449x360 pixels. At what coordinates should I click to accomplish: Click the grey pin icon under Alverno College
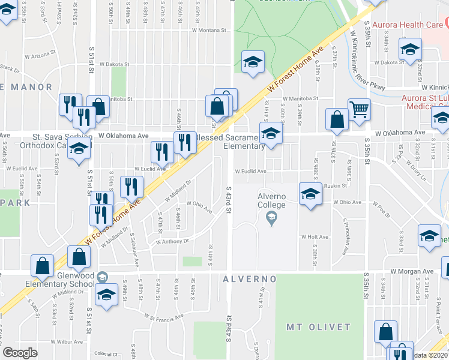pyautogui.click(x=271, y=220)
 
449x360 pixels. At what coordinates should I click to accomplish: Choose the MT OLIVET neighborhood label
pyautogui.click(x=318, y=327)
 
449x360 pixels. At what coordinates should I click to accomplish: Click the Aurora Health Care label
pyautogui.click(x=408, y=25)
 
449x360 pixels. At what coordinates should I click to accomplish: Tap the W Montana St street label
pyautogui.click(x=208, y=29)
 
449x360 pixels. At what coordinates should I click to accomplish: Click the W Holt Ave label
pyautogui.click(x=315, y=236)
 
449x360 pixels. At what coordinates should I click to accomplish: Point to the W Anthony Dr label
pyautogui.click(x=172, y=241)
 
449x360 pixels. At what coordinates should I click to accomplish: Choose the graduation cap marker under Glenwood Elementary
pyautogui.click(x=107, y=294)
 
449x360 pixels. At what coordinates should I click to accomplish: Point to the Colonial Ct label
pyautogui.click(x=106, y=354)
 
